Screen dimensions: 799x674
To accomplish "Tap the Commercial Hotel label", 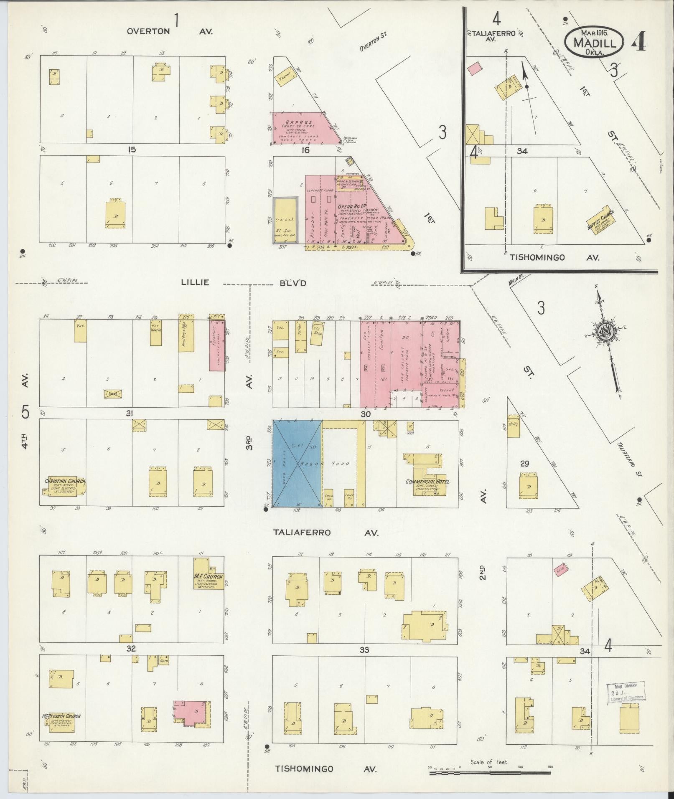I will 427,482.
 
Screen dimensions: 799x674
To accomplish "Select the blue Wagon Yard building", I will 297,464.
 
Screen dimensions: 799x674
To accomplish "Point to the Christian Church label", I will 65,482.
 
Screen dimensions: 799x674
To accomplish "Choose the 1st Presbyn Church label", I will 61,716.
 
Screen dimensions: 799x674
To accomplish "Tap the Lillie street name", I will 195,283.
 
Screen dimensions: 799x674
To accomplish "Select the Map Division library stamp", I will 626,692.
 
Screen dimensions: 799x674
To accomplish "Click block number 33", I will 364,650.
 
